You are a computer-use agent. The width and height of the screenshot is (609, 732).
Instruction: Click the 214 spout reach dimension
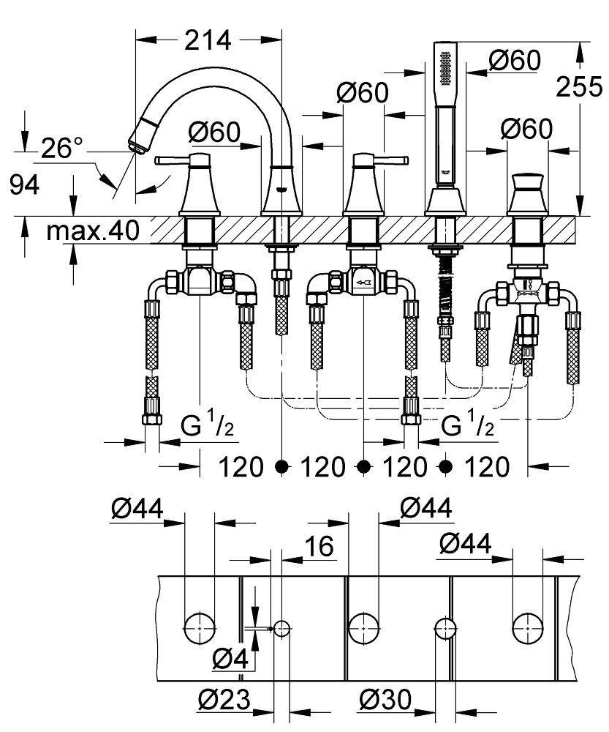[x=208, y=40]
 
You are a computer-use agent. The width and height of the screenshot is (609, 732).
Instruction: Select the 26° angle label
[x=61, y=149]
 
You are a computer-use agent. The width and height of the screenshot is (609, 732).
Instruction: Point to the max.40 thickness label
[x=93, y=231]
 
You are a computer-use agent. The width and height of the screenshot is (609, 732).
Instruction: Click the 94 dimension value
[x=25, y=186]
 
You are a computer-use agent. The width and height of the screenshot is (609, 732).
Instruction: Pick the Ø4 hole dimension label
[x=230, y=660]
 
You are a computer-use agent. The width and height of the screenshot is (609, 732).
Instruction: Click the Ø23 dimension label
[x=224, y=699]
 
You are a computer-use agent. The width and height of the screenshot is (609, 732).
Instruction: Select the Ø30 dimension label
[x=385, y=699]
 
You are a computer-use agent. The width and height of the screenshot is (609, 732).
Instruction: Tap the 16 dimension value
[x=319, y=546]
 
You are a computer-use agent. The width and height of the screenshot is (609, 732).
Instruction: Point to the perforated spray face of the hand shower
[x=446, y=67]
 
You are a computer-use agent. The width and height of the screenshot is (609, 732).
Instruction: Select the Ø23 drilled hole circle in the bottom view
[x=281, y=629]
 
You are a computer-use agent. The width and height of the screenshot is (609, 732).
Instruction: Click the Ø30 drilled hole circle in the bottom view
[x=445, y=628]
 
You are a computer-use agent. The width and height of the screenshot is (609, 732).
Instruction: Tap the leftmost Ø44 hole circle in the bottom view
[x=200, y=628]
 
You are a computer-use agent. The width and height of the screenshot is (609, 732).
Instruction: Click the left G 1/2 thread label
[x=208, y=426]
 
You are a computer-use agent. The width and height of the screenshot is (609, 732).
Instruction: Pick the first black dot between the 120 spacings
[x=281, y=466]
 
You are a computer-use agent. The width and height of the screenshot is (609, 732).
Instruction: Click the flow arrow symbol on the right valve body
[x=363, y=283]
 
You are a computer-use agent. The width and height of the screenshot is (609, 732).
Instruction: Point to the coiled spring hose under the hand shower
[x=445, y=285]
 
